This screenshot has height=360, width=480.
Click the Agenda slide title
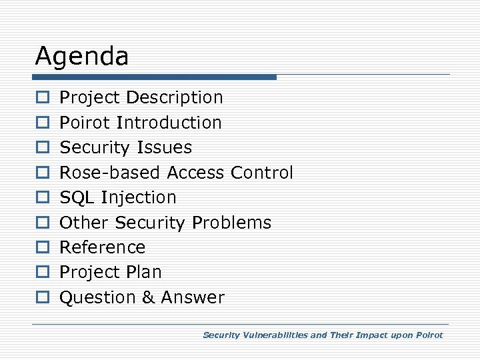click(x=81, y=56)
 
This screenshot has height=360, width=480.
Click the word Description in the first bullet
click(x=174, y=97)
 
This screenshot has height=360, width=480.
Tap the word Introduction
click(x=168, y=123)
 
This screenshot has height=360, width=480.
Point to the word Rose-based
click(x=110, y=173)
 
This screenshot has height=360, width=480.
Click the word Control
click(x=261, y=173)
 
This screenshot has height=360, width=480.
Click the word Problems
click(x=231, y=223)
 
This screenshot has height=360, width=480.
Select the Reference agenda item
click(x=102, y=247)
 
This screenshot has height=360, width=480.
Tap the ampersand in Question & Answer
click(x=147, y=297)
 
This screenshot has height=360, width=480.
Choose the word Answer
click(x=193, y=297)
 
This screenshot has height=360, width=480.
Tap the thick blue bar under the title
click(x=155, y=77)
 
